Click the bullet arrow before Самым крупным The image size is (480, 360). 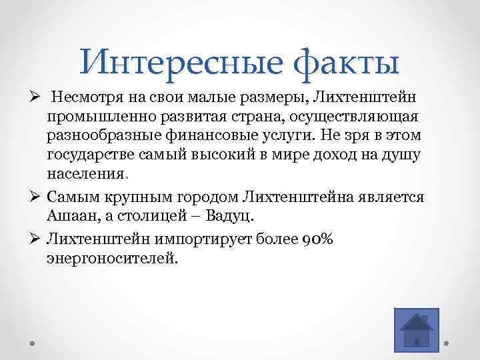coord(35,197)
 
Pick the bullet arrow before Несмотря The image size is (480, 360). coord(35,99)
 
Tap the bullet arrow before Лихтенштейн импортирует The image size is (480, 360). coord(35,237)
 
